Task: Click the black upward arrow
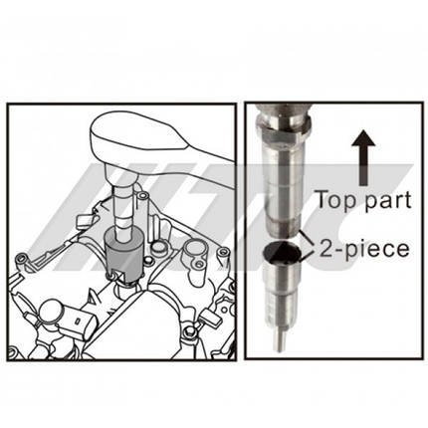[363, 157]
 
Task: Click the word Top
[336, 200]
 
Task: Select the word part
[387, 201]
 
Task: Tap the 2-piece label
[364, 249]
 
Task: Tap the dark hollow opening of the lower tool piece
[282, 252]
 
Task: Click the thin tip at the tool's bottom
[281, 339]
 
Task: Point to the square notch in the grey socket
[115, 275]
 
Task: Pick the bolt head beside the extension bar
[143, 196]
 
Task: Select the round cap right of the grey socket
[159, 247]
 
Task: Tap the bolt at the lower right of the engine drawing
[189, 331]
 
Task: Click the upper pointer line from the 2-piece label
[306, 237]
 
